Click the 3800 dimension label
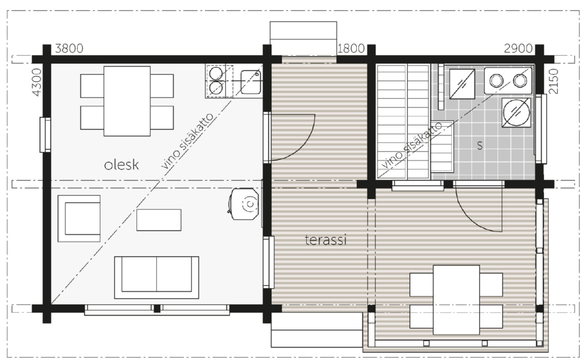point(69,49)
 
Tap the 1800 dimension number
point(351,49)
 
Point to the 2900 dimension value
point(519,49)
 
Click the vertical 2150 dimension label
point(554,81)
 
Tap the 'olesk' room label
point(122,165)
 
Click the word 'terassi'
point(325,240)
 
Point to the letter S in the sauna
point(480,145)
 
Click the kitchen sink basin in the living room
point(250,82)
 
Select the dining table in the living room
point(127,101)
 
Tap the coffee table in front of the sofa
point(159,220)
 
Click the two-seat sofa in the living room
point(157,278)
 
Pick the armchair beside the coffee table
point(79,218)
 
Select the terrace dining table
point(456,300)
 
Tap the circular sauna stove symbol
point(516,112)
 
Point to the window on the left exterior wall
point(45,135)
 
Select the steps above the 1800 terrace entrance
point(303,38)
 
